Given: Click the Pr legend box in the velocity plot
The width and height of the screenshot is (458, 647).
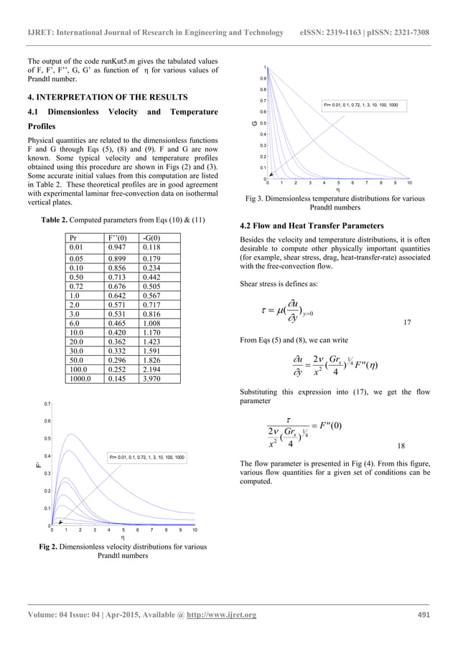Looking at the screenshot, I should pos(147,457).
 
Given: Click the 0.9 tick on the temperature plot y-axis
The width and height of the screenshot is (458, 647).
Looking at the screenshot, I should pos(263,78).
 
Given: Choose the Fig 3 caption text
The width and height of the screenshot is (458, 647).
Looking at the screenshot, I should pos(334,203).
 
